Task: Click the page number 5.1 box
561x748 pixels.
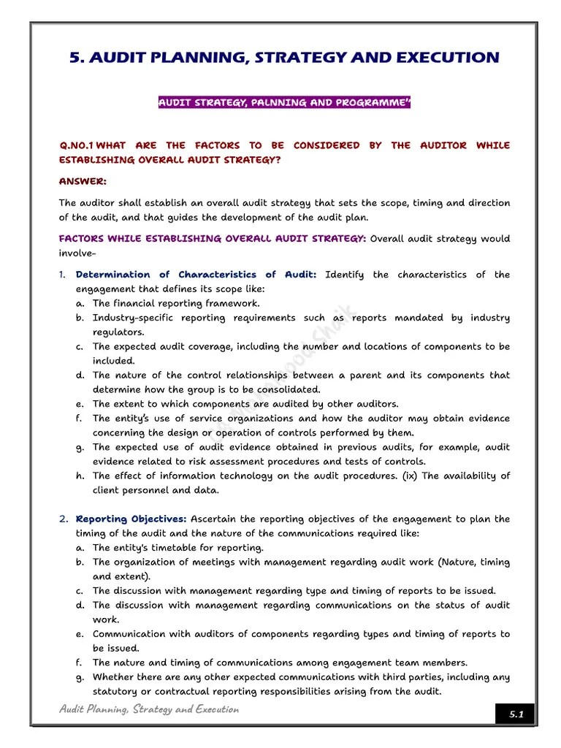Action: point(516,714)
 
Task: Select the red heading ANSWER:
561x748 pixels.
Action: point(83,181)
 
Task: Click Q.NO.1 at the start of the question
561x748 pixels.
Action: point(76,145)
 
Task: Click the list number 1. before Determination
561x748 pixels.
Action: point(63,275)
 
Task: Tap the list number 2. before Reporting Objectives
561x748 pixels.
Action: point(64,519)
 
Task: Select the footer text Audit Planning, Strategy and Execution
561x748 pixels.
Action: point(149,709)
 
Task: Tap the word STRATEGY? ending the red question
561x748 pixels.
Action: point(248,160)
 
